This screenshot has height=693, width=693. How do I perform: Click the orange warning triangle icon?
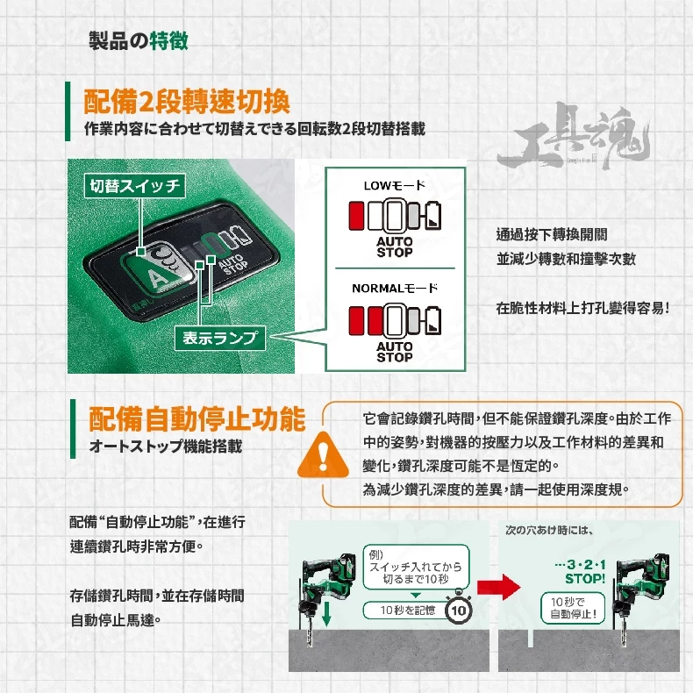click(323, 455)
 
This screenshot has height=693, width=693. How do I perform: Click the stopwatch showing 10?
click(459, 610)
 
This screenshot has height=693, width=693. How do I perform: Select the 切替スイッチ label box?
click(135, 186)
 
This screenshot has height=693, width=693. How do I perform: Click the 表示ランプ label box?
click(219, 338)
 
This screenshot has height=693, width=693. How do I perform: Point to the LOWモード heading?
click(394, 186)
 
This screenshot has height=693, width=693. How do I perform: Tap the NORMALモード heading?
click(395, 289)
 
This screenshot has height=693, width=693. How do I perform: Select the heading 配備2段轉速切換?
click(187, 102)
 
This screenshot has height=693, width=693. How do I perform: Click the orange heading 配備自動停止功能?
click(197, 418)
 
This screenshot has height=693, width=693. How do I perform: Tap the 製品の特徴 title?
click(139, 41)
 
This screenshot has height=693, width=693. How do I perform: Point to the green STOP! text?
click(585, 579)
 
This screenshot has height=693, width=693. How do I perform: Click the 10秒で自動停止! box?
click(573, 608)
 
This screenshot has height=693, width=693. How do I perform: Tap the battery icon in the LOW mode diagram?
click(432, 215)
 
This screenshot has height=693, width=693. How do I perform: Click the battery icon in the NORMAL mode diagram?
click(432, 319)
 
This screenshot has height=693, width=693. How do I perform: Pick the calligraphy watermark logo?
click(574, 137)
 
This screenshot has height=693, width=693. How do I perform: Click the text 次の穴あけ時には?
click(549, 530)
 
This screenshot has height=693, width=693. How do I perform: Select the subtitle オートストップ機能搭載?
click(166, 446)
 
